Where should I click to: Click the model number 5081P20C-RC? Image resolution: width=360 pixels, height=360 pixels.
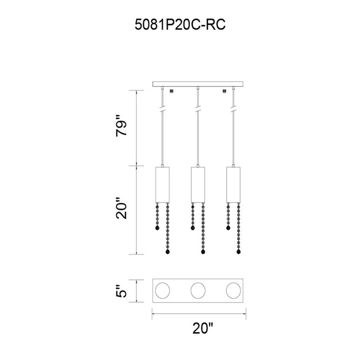click(180, 25)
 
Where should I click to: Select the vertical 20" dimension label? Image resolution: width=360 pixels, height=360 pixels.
click(121, 208)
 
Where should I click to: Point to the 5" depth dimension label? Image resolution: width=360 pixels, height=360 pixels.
click(121, 291)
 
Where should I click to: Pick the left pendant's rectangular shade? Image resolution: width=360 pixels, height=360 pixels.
click(163, 185)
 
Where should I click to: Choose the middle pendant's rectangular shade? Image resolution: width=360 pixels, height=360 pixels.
click(198, 185)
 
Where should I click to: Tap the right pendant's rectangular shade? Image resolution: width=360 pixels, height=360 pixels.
click(233, 185)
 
